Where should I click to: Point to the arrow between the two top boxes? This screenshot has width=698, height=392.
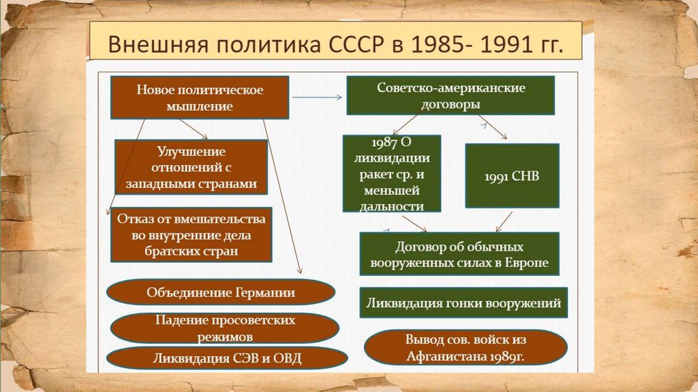pos(317,98)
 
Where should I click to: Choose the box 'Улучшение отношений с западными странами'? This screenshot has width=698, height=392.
pos(190,167)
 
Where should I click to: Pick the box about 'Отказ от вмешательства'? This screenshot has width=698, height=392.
pos(190,234)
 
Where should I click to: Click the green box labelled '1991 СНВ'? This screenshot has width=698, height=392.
pos(512,176)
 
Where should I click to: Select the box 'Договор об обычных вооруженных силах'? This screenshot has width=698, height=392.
pos(459,254)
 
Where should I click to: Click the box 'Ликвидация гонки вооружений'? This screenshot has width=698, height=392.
pos(464,303)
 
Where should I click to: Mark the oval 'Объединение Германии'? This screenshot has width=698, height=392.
pos(221,293)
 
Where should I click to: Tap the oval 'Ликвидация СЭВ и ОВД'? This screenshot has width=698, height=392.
pos(227,359)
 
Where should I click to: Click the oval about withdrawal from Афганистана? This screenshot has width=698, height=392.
pos(466,348)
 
